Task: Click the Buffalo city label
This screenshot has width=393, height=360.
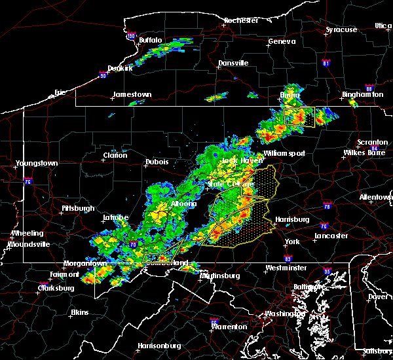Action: tap(150, 41)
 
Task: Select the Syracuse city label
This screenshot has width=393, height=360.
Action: tap(341, 30)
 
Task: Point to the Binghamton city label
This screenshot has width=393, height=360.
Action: tap(362, 95)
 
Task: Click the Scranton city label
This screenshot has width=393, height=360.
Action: tap(371, 143)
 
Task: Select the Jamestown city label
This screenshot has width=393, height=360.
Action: tap(132, 94)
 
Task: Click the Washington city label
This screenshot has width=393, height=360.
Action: tap(284, 314)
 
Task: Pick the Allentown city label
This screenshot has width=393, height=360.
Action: tap(375, 197)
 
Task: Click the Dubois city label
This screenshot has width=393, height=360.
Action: tap(157, 162)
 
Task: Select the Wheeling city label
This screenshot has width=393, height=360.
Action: tap(27, 233)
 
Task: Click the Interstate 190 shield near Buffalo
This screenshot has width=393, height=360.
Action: tap(131, 36)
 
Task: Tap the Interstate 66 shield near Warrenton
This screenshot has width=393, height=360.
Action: tap(214, 321)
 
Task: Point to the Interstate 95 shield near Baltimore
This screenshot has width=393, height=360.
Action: tap(327, 270)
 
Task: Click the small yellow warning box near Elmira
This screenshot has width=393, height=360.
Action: tap(299, 116)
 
